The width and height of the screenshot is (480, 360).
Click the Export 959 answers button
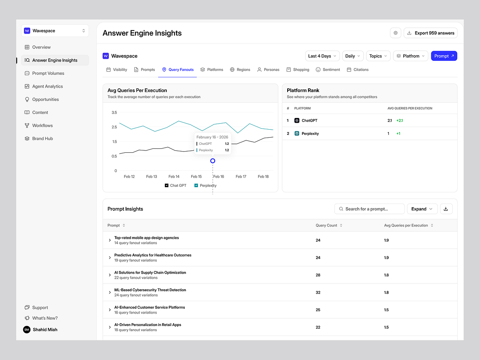point(430,33)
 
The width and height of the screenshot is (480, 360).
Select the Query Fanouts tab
point(178,70)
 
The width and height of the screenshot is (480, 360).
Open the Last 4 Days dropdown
point(322,56)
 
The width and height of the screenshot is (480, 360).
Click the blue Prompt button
point(444,56)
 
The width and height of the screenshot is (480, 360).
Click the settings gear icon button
point(395,33)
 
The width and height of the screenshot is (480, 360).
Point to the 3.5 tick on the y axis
point(114,112)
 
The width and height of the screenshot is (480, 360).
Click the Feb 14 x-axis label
point(174,177)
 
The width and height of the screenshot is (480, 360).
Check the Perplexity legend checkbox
point(196,186)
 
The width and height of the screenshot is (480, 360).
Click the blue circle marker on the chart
point(212,161)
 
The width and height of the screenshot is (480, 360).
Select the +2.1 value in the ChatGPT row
point(400,120)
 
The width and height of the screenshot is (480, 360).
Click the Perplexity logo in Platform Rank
point(297,134)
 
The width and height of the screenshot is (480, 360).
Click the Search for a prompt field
point(369,209)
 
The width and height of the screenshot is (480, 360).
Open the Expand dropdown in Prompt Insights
point(422,209)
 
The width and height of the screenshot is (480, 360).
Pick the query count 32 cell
point(318,292)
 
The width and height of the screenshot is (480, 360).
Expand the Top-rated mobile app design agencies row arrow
point(110,240)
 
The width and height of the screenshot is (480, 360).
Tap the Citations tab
point(358,70)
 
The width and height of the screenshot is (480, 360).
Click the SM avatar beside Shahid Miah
point(27,330)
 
